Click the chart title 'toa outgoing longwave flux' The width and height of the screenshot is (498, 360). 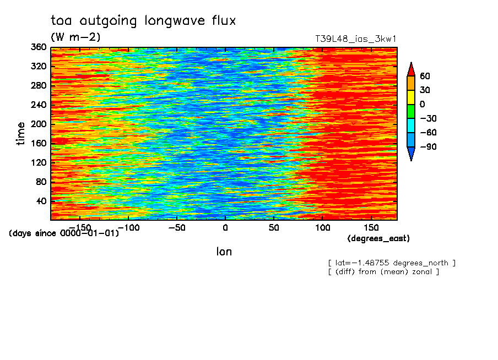click(143, 21)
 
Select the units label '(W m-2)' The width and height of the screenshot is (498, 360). click(75, 37)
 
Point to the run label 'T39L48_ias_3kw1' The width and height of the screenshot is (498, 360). click(356, 39)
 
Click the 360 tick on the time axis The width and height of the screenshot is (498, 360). click(39, 47)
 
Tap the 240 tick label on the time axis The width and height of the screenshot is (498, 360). click(39, 105)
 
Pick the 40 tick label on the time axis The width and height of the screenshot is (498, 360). click(41, 201)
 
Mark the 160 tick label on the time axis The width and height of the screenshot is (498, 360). click(39, 143)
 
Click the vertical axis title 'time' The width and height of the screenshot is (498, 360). click(20, 133)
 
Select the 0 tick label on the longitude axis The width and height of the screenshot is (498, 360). click(225, 228)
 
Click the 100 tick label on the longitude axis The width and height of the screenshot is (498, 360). click(322, 228)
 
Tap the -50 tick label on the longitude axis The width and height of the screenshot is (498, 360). click(177, 228)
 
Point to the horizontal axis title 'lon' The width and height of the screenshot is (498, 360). click(224, 252)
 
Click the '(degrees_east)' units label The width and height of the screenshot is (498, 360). click(378, 238)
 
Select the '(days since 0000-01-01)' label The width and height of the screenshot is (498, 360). click(64, 233)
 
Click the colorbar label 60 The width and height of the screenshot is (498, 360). click(425, 76)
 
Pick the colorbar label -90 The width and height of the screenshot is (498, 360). click(429, 146)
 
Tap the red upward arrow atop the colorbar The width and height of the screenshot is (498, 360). click(411, 69)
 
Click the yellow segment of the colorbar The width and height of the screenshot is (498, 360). click(411, 97)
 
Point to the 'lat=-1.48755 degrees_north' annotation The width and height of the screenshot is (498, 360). click(392, 263)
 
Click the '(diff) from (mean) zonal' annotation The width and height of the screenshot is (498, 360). click(383, 272)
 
